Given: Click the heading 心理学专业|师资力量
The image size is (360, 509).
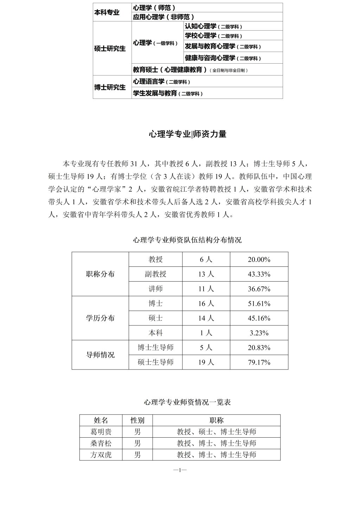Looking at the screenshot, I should click(187, 134).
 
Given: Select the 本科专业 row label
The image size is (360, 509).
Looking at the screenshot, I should click(107, 12).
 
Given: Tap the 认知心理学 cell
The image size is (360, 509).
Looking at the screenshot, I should click(213, 26).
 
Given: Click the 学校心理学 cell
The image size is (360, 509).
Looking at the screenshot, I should click(213, 36).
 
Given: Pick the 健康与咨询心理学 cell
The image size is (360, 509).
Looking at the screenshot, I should click(223, 58).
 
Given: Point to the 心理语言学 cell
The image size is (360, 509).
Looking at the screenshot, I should click(161, 82).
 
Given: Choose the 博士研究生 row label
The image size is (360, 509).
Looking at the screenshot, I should click(110, 87).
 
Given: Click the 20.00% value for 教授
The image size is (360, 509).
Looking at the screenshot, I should click(259, 259).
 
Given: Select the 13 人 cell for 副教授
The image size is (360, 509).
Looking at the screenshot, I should click(206, 274).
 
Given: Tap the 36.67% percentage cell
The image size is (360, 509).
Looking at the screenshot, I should click(259, 289).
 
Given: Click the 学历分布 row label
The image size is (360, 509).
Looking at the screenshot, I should click(100, 318).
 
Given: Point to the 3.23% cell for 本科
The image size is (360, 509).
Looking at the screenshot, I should click(259, 333).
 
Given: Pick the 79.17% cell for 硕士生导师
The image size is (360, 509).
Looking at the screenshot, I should click(259, 362).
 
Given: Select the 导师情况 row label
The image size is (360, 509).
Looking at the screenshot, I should click(100, 355).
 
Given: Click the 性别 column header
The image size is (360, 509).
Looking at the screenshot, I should click(137, 420).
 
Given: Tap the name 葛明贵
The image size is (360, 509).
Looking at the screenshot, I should click(101, 432).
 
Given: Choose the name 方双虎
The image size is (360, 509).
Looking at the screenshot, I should click(101, 455).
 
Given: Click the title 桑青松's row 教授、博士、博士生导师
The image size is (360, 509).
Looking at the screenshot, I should click(216, 443).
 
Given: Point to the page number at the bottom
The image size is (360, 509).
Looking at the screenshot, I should click(180, 470).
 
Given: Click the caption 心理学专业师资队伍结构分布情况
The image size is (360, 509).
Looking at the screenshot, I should click(187, 240).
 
